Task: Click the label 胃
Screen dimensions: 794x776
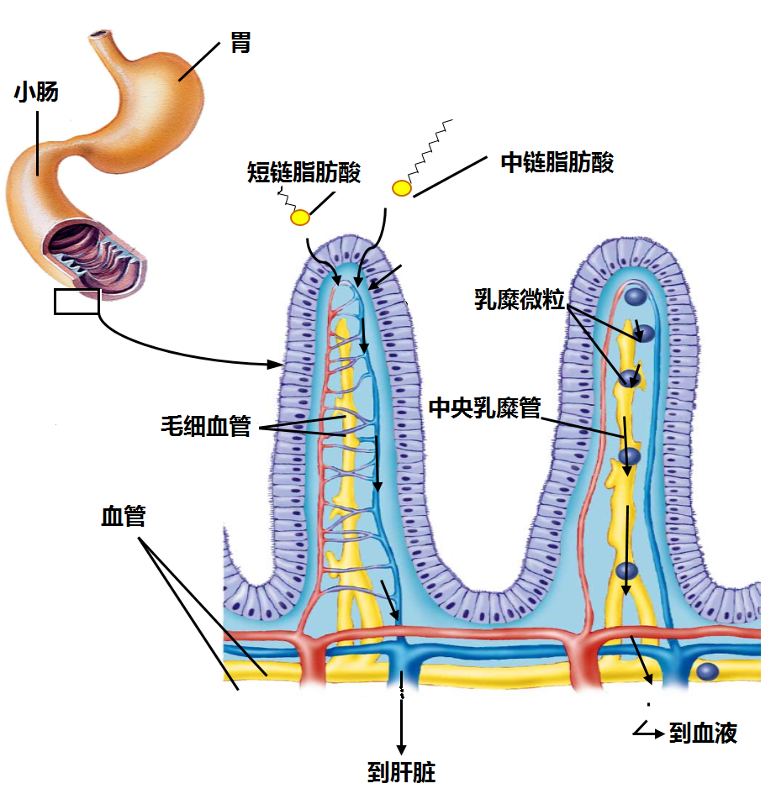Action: coord(240,44)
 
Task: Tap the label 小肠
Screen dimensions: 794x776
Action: coord(36,92)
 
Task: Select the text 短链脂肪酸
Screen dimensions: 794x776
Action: coord(304,173)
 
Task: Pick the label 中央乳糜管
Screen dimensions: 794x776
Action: coord(483,408)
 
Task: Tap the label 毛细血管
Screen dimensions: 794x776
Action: coord(206,426)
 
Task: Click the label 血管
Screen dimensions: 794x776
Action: coord(124,515)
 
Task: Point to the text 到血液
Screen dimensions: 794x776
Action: coord(703,734)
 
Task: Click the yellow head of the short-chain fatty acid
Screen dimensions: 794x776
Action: coord(300,218)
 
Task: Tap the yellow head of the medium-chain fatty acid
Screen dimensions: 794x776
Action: coord(402,187)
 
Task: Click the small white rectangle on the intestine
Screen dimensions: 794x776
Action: coord(77,301)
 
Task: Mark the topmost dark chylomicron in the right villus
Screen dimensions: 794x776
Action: coord(636,297)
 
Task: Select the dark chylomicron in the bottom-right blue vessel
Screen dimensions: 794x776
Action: coord(708,670)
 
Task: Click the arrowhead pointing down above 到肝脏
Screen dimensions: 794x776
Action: coord(401,747)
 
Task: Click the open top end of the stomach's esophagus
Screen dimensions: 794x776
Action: coord(102,35)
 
